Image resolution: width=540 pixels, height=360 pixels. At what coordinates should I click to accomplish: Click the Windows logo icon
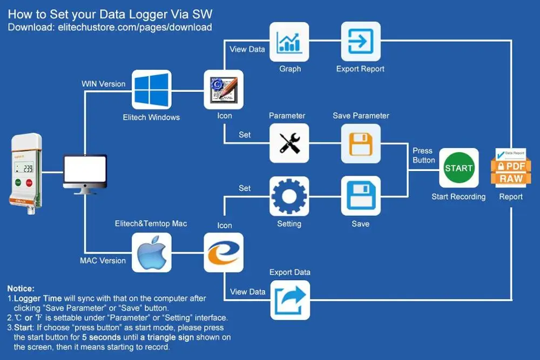[x=151, y=90]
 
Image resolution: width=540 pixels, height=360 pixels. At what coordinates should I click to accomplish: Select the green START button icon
[x=458, y=168]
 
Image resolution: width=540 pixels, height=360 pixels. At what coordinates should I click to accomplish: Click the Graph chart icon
[x=289, y=42]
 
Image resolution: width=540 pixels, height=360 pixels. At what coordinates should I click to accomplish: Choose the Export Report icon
[x=360, y=42]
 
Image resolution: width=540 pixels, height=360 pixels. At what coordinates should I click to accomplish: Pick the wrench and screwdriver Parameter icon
[x=289, y=143]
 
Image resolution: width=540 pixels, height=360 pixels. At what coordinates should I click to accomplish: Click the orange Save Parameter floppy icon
[x=360, y=143]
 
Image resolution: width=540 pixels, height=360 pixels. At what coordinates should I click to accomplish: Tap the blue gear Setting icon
[x=289, y=196]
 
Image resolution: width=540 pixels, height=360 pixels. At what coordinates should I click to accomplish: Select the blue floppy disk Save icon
[x=360, y=196]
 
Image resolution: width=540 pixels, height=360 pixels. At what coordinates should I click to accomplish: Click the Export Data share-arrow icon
[x=290, y=300]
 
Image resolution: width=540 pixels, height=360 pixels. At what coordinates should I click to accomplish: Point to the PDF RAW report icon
[x=510, y=167]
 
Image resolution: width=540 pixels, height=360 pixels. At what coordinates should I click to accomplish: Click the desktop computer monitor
[x=85, y=173]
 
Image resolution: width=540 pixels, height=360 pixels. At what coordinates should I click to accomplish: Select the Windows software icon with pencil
[x=223, y=90]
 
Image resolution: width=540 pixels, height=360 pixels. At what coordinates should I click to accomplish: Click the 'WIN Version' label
[x=103, y=84]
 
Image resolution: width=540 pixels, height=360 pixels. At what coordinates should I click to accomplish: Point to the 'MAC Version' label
[x=103, y=261]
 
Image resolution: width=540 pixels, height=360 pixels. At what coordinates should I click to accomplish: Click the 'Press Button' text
[x=424, y=155]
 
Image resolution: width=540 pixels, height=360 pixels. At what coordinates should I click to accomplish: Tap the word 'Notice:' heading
[x=21, y=289]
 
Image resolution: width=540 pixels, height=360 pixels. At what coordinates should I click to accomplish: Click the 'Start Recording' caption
[x=458, y=197]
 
